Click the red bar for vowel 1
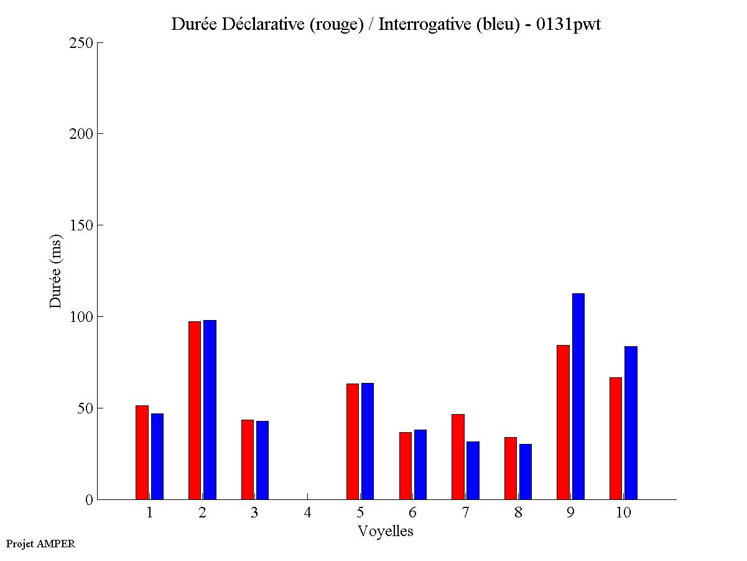[142, 452]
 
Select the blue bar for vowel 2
[210, 410]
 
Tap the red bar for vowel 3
[248, 460]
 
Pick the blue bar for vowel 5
[368, 441]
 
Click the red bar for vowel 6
[405, 466]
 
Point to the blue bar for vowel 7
[473, 470]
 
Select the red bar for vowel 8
[510, 468]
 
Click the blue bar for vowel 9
[578, 396]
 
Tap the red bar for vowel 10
[616, 438]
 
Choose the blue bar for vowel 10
[631, 423]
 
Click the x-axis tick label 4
[307, 513]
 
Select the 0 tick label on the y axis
[89, 500]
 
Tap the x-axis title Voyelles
[386, 531]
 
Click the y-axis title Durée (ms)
[56, 271]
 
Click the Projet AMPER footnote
[40, 544]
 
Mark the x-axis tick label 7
[465, 513]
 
